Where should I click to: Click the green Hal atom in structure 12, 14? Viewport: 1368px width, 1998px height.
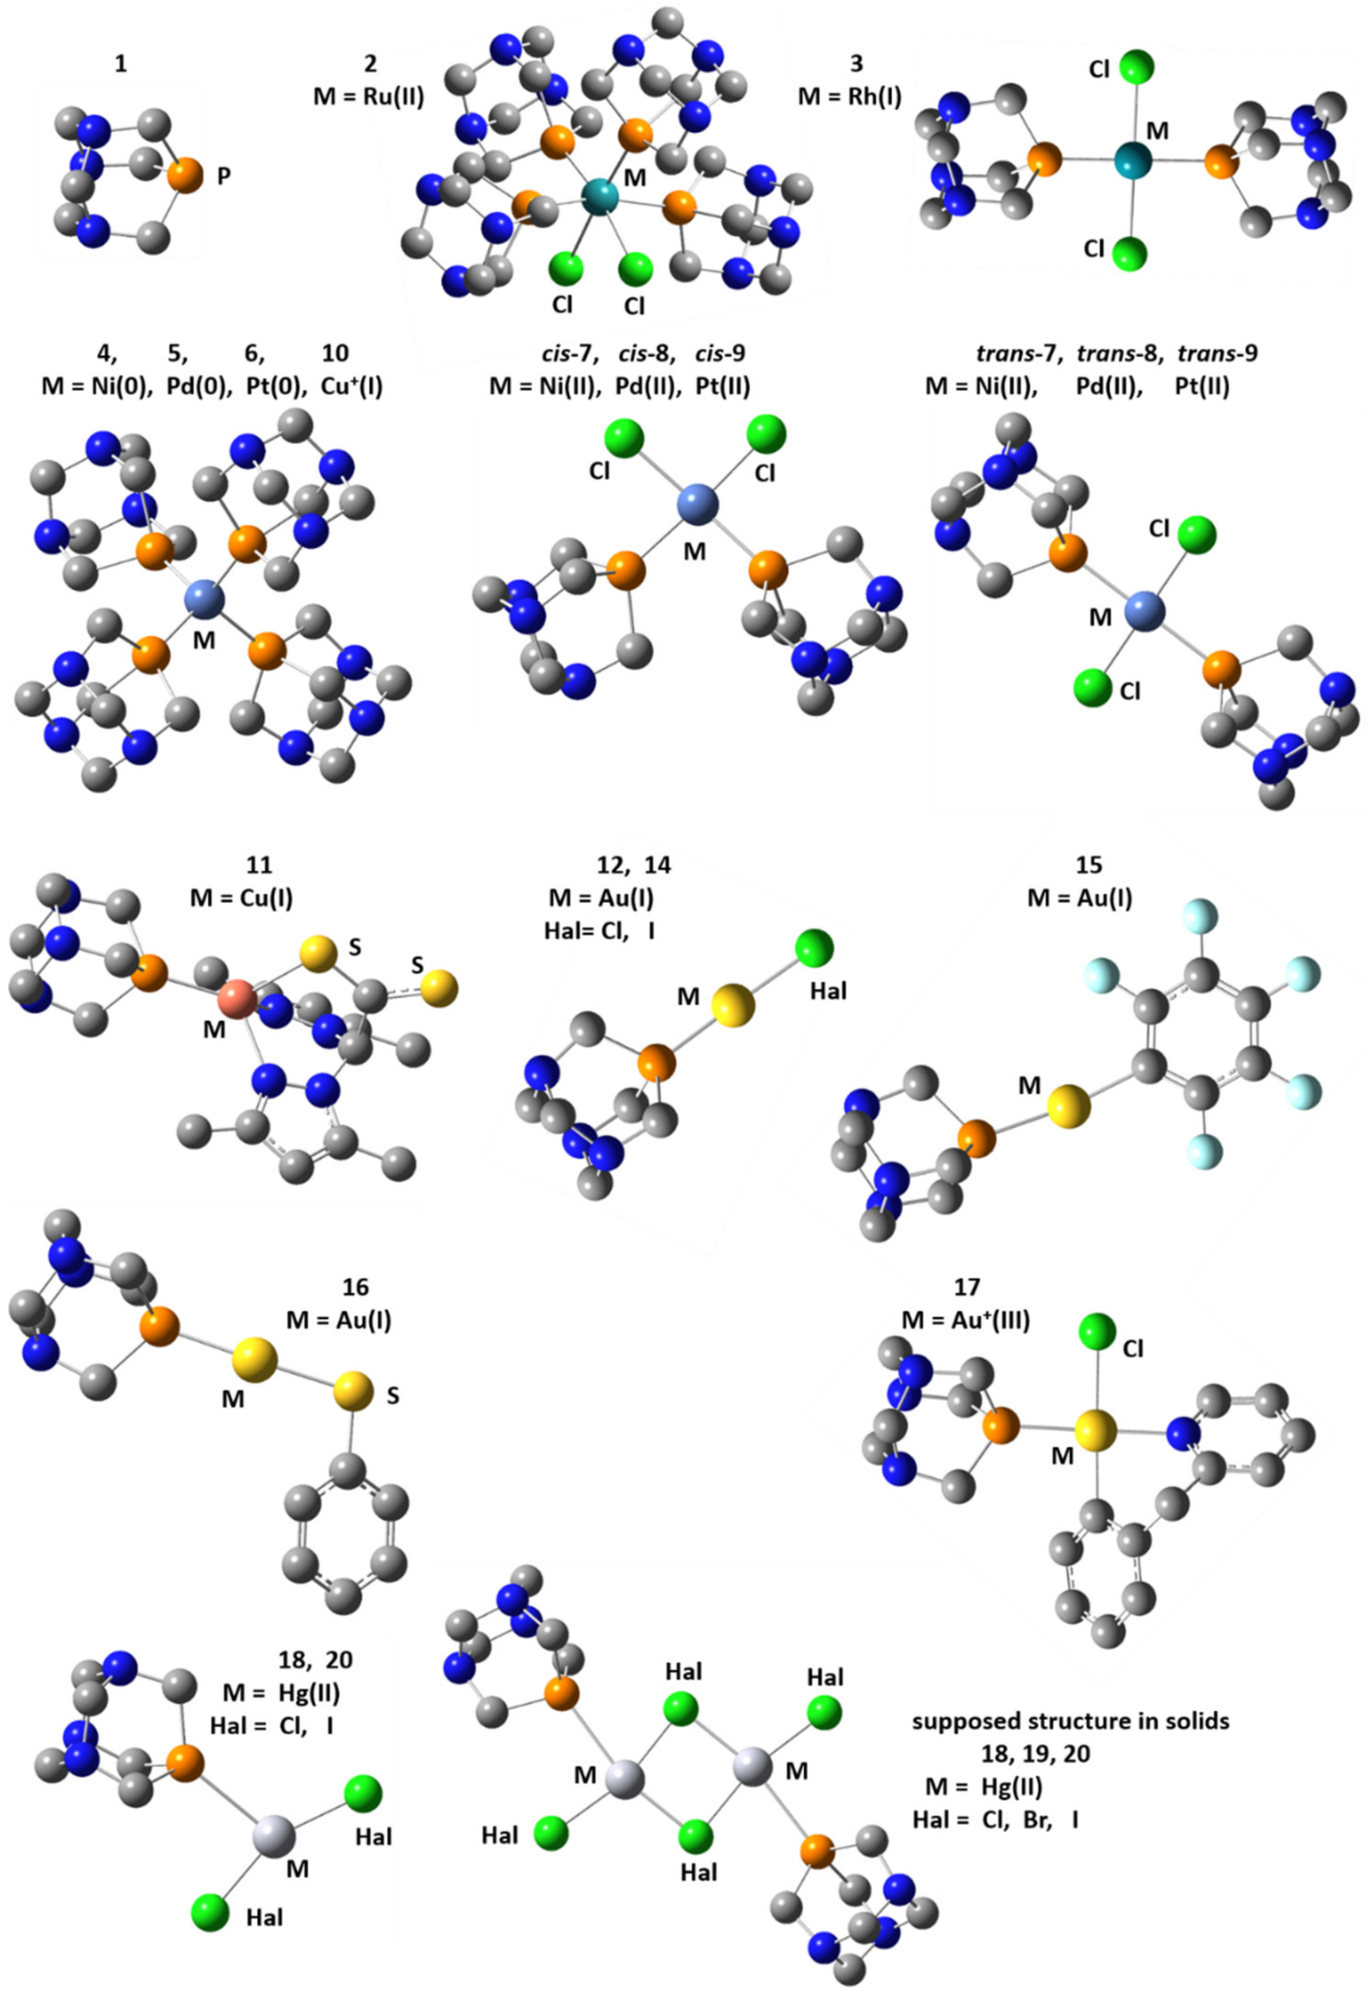(814, 949)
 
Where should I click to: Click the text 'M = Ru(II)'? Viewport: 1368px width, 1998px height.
(369, 96)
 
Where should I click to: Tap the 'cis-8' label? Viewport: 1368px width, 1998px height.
(646, 353)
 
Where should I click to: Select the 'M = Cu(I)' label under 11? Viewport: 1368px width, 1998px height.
(242, 899)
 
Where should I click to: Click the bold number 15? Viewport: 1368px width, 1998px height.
(1088, 865)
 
